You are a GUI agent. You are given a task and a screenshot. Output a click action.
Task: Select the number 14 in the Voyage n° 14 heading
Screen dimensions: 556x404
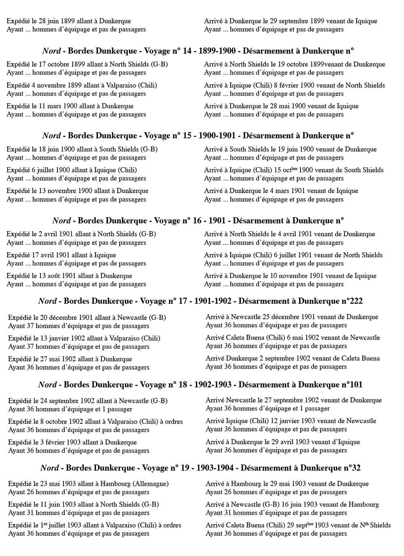pyautogui.click(x=187, y=51)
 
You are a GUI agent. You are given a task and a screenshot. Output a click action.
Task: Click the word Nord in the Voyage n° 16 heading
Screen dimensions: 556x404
pyautogui.click(x=61, y=221)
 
